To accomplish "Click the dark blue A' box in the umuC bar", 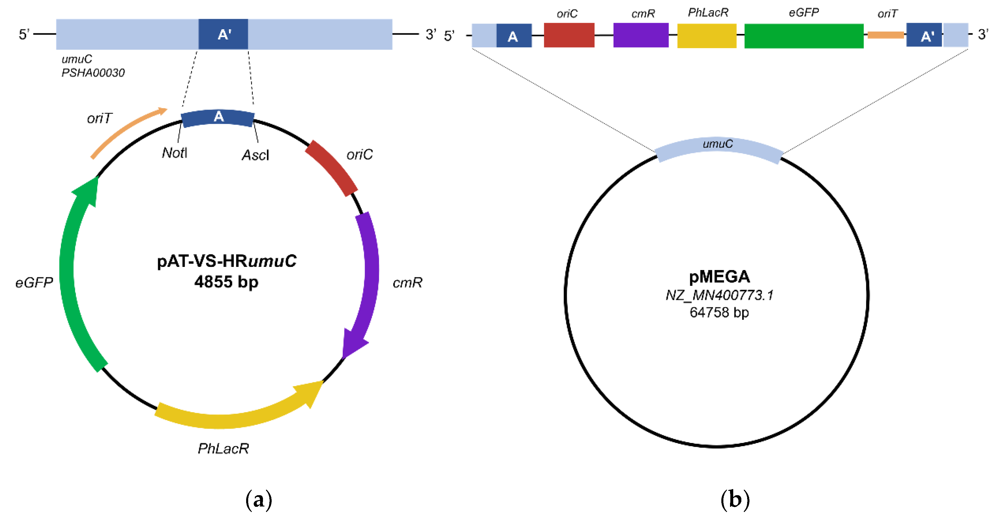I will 223,34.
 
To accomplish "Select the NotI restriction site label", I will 174,153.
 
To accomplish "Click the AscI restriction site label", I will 255,155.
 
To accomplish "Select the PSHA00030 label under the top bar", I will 93,73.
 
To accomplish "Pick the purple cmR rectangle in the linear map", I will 641,35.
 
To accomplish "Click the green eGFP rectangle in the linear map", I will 804,36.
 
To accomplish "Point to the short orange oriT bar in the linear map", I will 885,35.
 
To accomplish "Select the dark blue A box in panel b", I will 513,36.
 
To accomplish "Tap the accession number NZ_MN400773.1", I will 719,295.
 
